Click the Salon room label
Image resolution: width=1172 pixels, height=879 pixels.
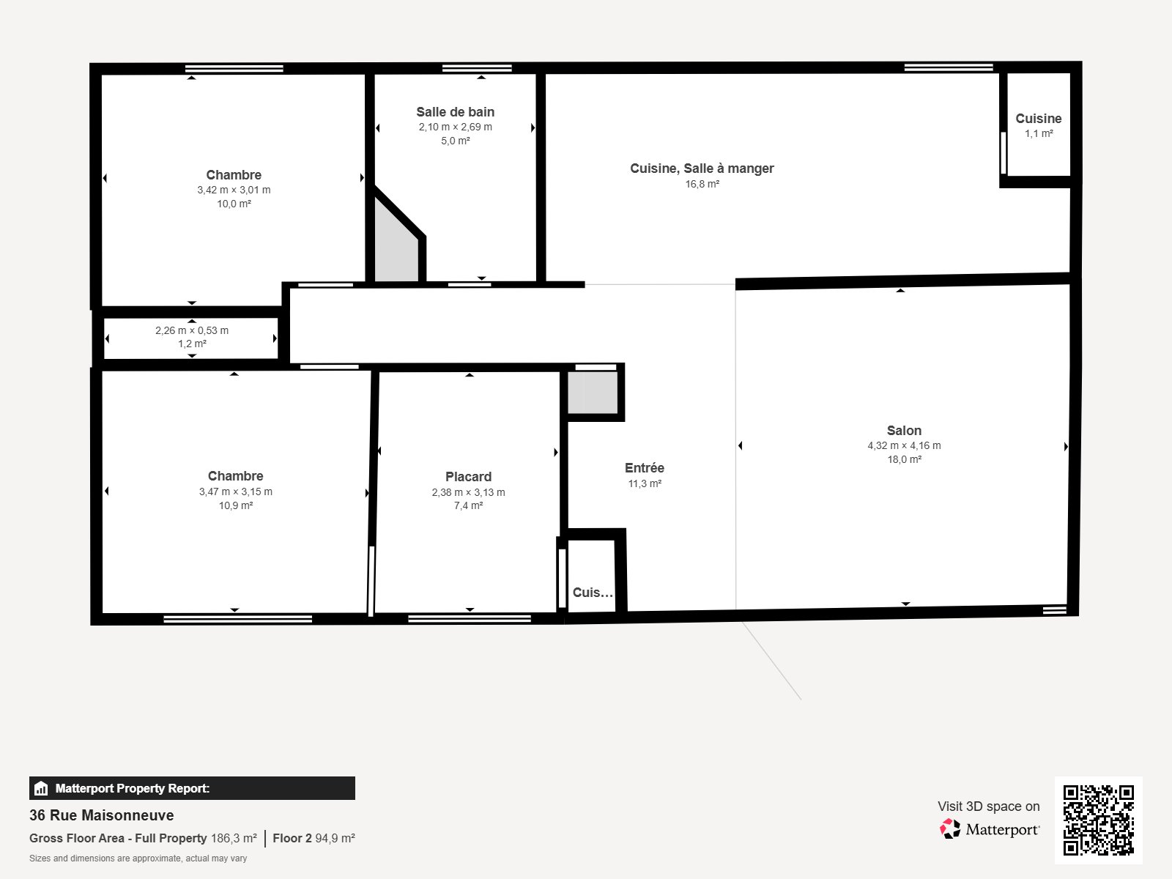(x=904, y=431)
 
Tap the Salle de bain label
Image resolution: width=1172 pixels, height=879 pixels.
(x=455, y=112)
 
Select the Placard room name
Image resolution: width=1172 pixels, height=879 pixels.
(x=468, y=477)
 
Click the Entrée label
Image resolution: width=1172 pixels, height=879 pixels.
(x=645, y=468)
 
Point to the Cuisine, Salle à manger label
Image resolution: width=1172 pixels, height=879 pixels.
(x=702, y=168)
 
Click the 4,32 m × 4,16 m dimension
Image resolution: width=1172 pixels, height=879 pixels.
(x=904, y=445)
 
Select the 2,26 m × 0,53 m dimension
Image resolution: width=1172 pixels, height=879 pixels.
(x=192, y=330)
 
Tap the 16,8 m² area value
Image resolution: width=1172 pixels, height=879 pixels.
(x=702, y=184)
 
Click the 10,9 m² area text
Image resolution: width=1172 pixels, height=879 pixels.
(x=235, y=505)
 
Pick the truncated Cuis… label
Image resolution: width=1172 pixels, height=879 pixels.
(x=593, y=593)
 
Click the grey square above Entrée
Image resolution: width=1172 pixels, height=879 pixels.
(x=593, y=393)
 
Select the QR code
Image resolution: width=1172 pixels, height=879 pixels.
(x=1098, y=820)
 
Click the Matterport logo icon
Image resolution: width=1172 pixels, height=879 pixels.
(x=950, y=829)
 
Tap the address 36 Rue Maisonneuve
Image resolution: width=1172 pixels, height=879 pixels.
(x=102, y=815)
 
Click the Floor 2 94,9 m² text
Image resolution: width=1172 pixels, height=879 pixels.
(x=314, y=838)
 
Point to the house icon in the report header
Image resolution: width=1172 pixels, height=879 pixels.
(x=41, y=789)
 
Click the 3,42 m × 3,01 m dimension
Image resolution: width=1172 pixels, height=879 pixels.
(x=234, y=190)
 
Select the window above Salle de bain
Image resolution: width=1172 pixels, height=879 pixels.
(x=477, y=68)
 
